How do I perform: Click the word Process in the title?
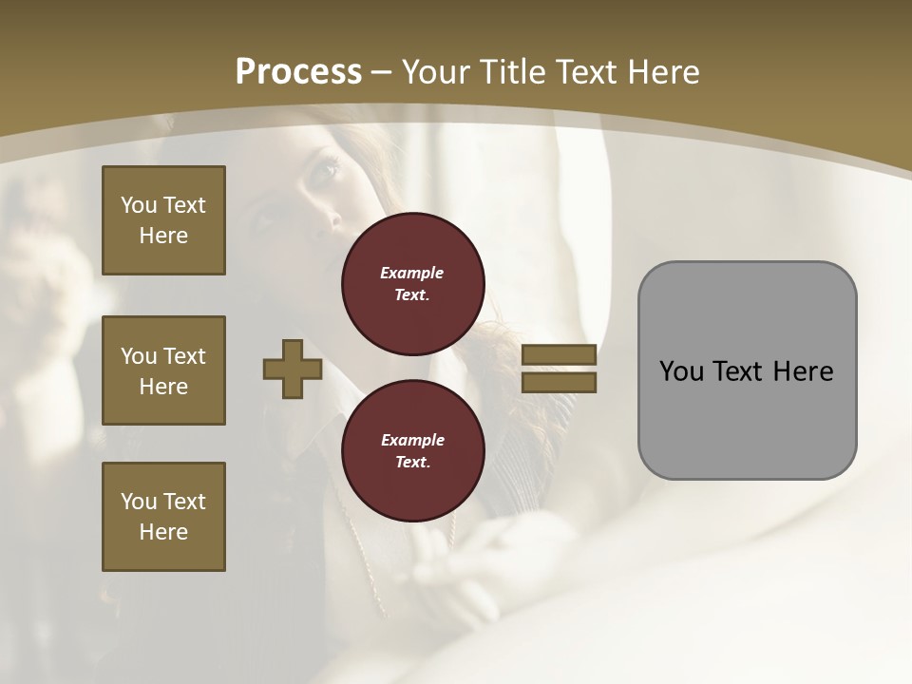click(x=298, y=72)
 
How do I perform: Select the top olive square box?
click(x=163, y=220)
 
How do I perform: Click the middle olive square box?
click(x=163, y=370)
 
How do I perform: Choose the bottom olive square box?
click(x=163, y=517)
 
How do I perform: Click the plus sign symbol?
click(x=293, y=369)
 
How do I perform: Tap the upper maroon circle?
click(x=412, y=284)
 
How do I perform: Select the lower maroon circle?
click(x=412, y=451)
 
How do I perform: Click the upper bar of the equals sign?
click(x=559, y=354)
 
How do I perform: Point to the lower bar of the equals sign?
click(x=559, y=383)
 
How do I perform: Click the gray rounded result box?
click(x=747, y=370)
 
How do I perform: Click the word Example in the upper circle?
click(x=412, y=273)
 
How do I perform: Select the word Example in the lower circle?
click(x=412, y=440)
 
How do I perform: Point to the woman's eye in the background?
click(x=326, y=171)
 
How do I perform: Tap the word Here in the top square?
click(x=163, y=236)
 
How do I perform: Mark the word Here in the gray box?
click(x=803, y=371)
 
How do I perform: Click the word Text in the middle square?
click(x=184, y=356)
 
